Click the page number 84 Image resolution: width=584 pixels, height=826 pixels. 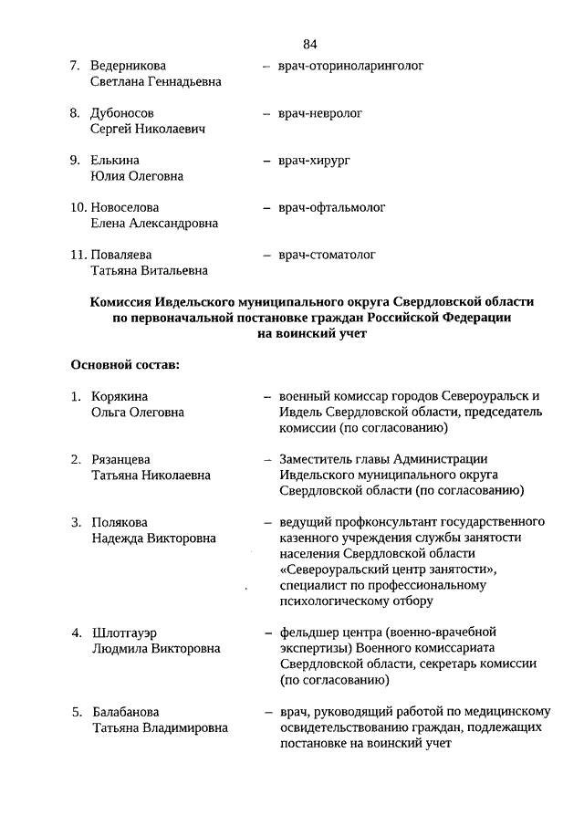(x=309, y=44)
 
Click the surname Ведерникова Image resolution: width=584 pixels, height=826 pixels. (x=129, y=66)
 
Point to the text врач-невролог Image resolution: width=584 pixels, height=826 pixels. (x=321, y=113)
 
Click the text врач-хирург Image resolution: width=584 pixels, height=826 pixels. (x=315, y=161)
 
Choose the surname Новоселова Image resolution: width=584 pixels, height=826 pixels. (x=131, y=208)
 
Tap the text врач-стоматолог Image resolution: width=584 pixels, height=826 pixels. (x=327, y=255)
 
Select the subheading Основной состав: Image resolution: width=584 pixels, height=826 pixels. (x=125, y=366)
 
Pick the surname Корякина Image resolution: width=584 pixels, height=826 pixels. (x=120, y=396)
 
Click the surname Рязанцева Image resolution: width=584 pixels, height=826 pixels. (x=121, y=459)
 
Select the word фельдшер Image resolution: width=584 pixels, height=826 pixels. (x=308, y=633)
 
